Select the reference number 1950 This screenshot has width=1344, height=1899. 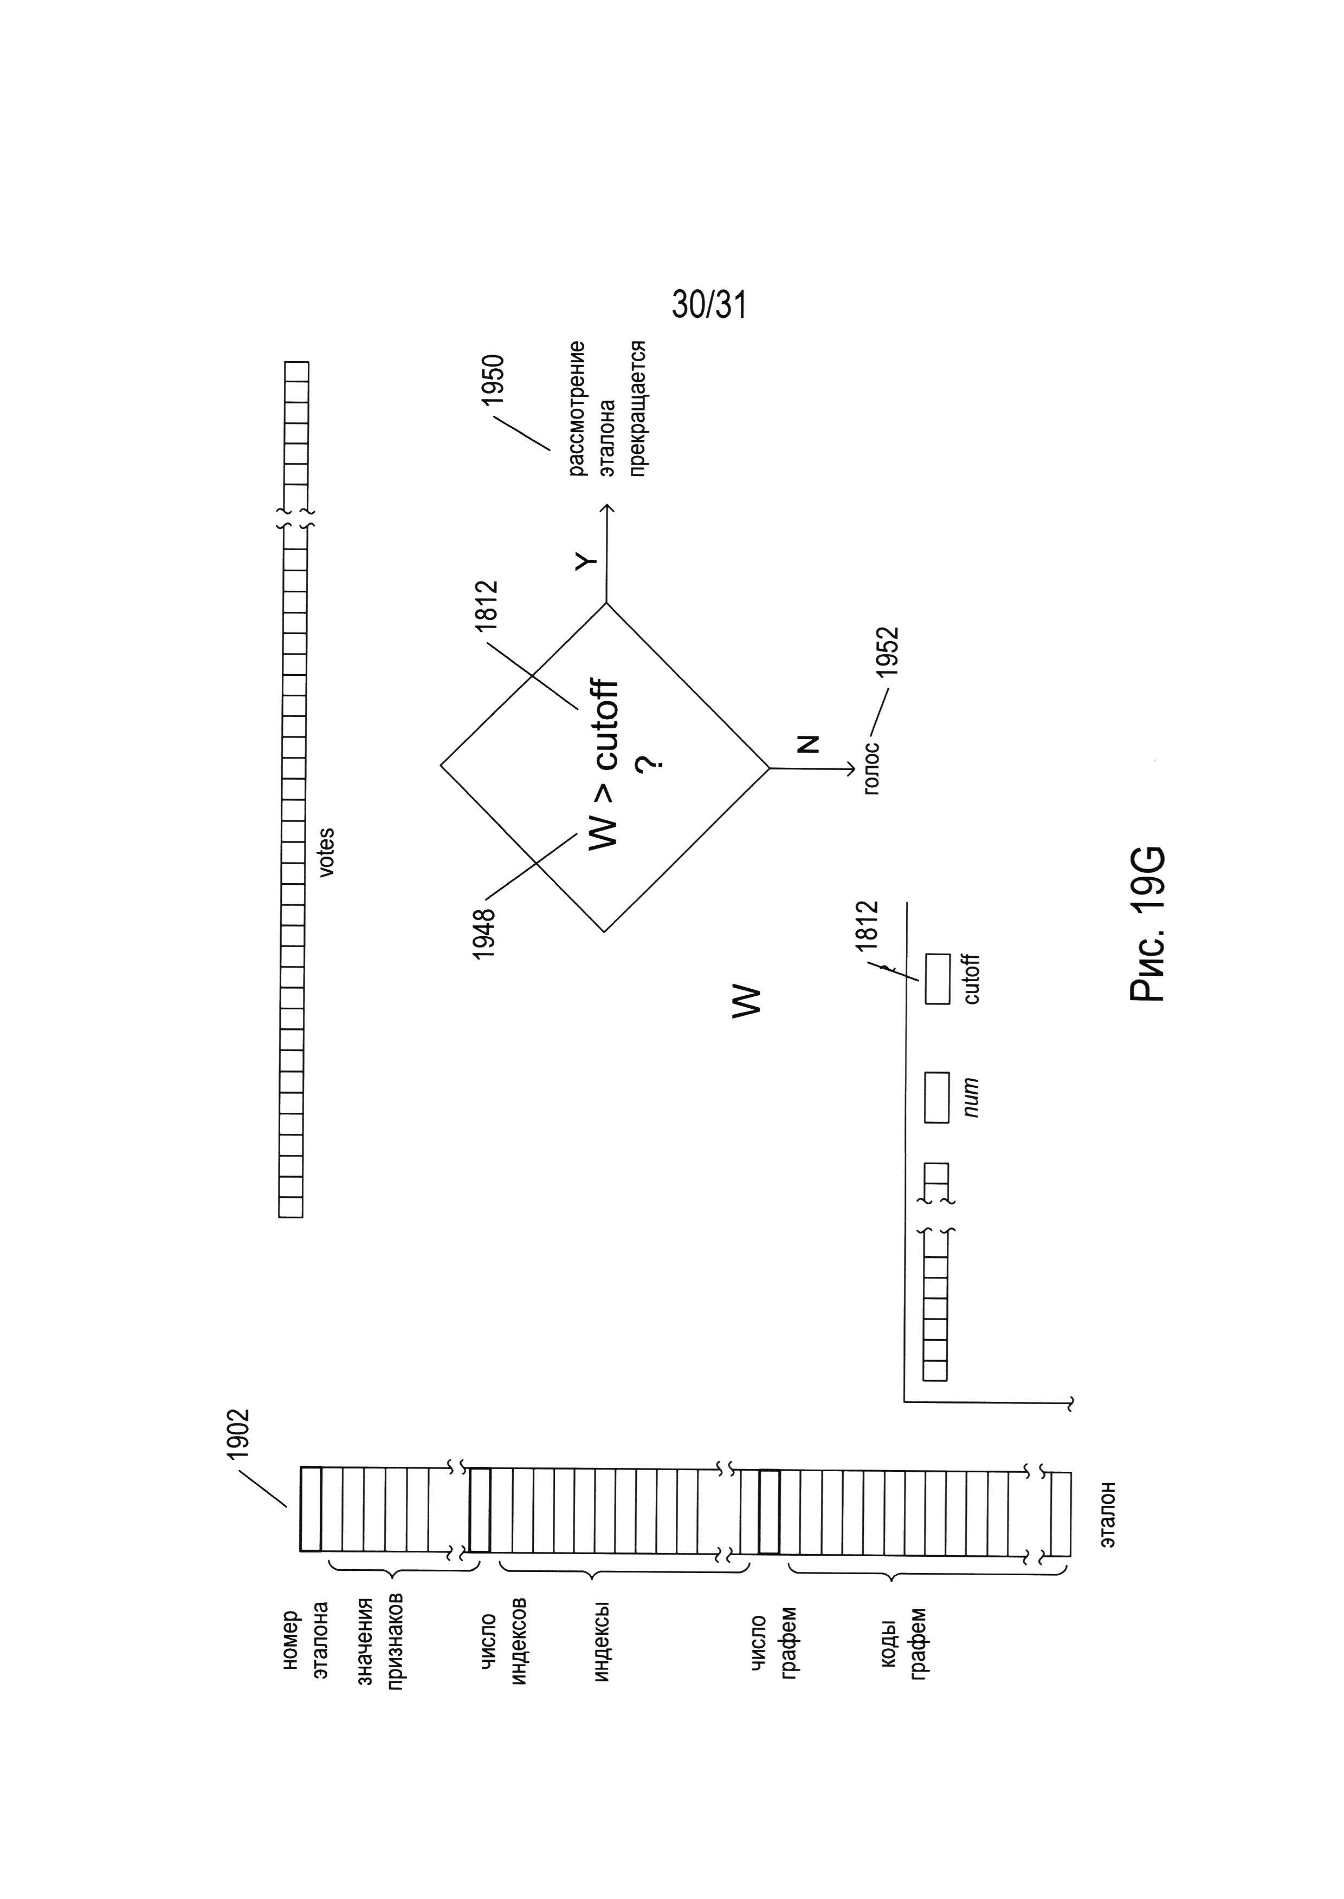coord(494,380)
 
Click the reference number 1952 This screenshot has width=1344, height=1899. coord(889,652)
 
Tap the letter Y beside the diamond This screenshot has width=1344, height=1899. coord(586,561)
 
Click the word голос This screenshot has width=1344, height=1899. coord(871,769)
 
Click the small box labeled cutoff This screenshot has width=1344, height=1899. coord(937,979)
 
